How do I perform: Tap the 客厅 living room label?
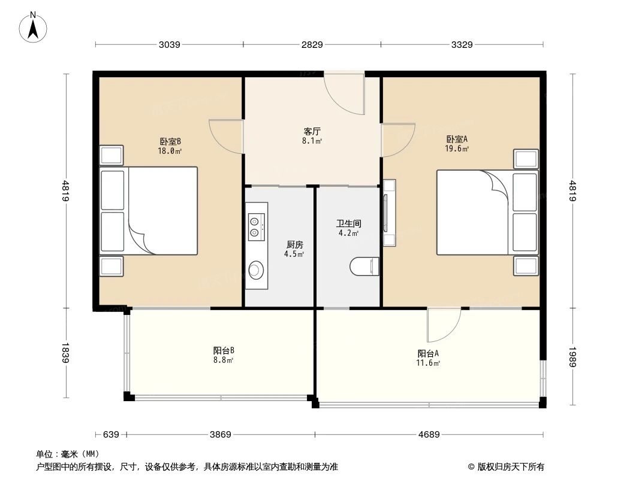[312, 131]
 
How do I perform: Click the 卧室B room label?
[170, 141]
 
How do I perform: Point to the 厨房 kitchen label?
[294, 244]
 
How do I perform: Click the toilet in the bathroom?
[365, 266]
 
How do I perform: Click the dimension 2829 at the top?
[312, 44]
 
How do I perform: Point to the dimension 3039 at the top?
[170, 44]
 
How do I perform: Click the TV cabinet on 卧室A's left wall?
[389, 212]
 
